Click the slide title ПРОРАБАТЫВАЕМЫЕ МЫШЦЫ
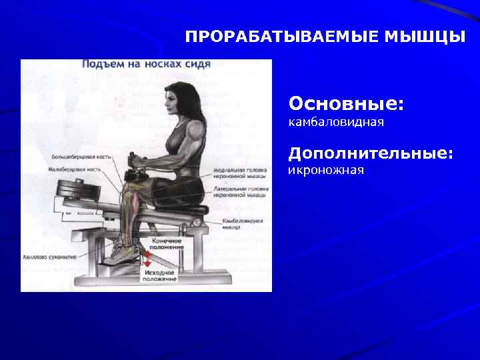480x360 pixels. click(x=325, y=36)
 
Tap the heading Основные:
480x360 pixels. click(x=346, y=105)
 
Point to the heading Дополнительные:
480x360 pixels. click(x=371, y=153)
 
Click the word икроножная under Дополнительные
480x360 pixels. click(x=326, y=171)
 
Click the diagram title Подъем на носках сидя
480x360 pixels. click(x=146, y=65)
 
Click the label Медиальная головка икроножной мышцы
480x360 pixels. click(x=238, y=173)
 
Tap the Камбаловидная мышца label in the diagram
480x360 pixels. click(x=242, y=223)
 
